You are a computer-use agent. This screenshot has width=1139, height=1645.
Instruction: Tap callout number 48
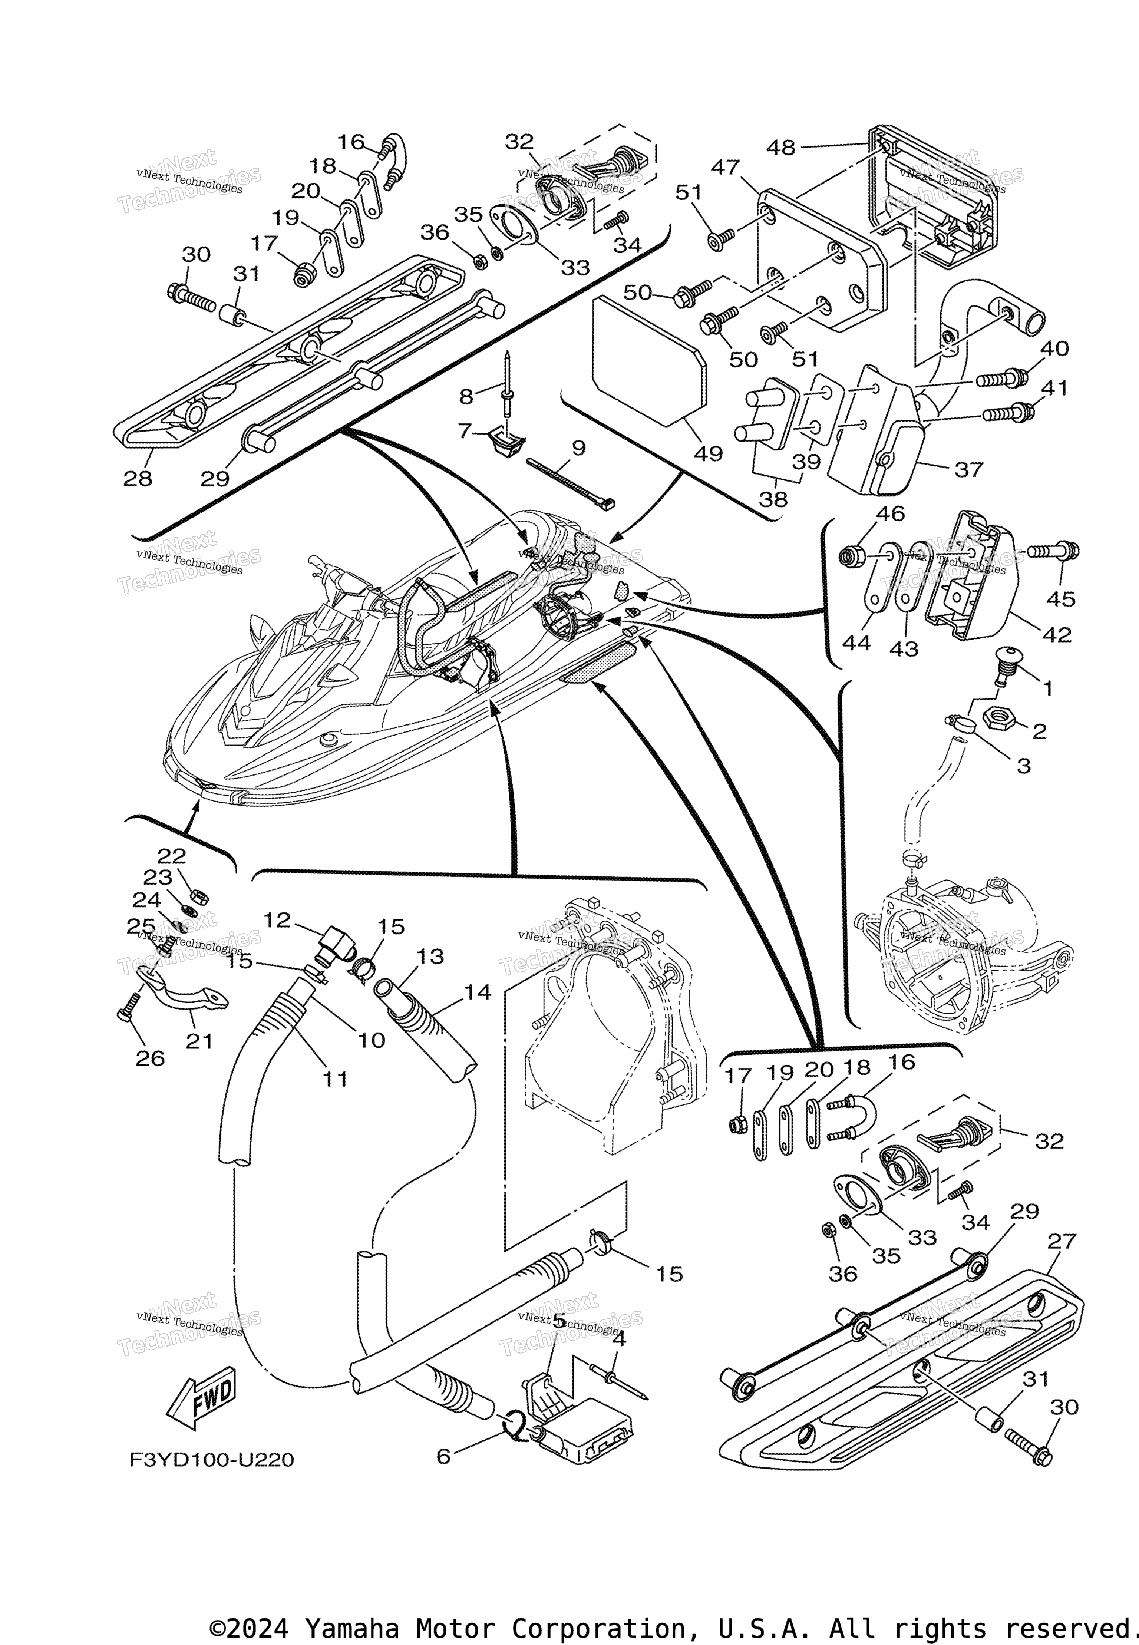[x=780, y=148]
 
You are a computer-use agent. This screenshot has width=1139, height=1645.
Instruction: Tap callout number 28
[x=138, y=478]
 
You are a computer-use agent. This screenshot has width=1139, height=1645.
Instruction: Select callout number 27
[x=1061, y=1241]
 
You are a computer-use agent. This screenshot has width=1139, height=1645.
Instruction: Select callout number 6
[x=443, y=1456]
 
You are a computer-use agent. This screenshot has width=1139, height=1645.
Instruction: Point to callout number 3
[x=1023, y=766]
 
